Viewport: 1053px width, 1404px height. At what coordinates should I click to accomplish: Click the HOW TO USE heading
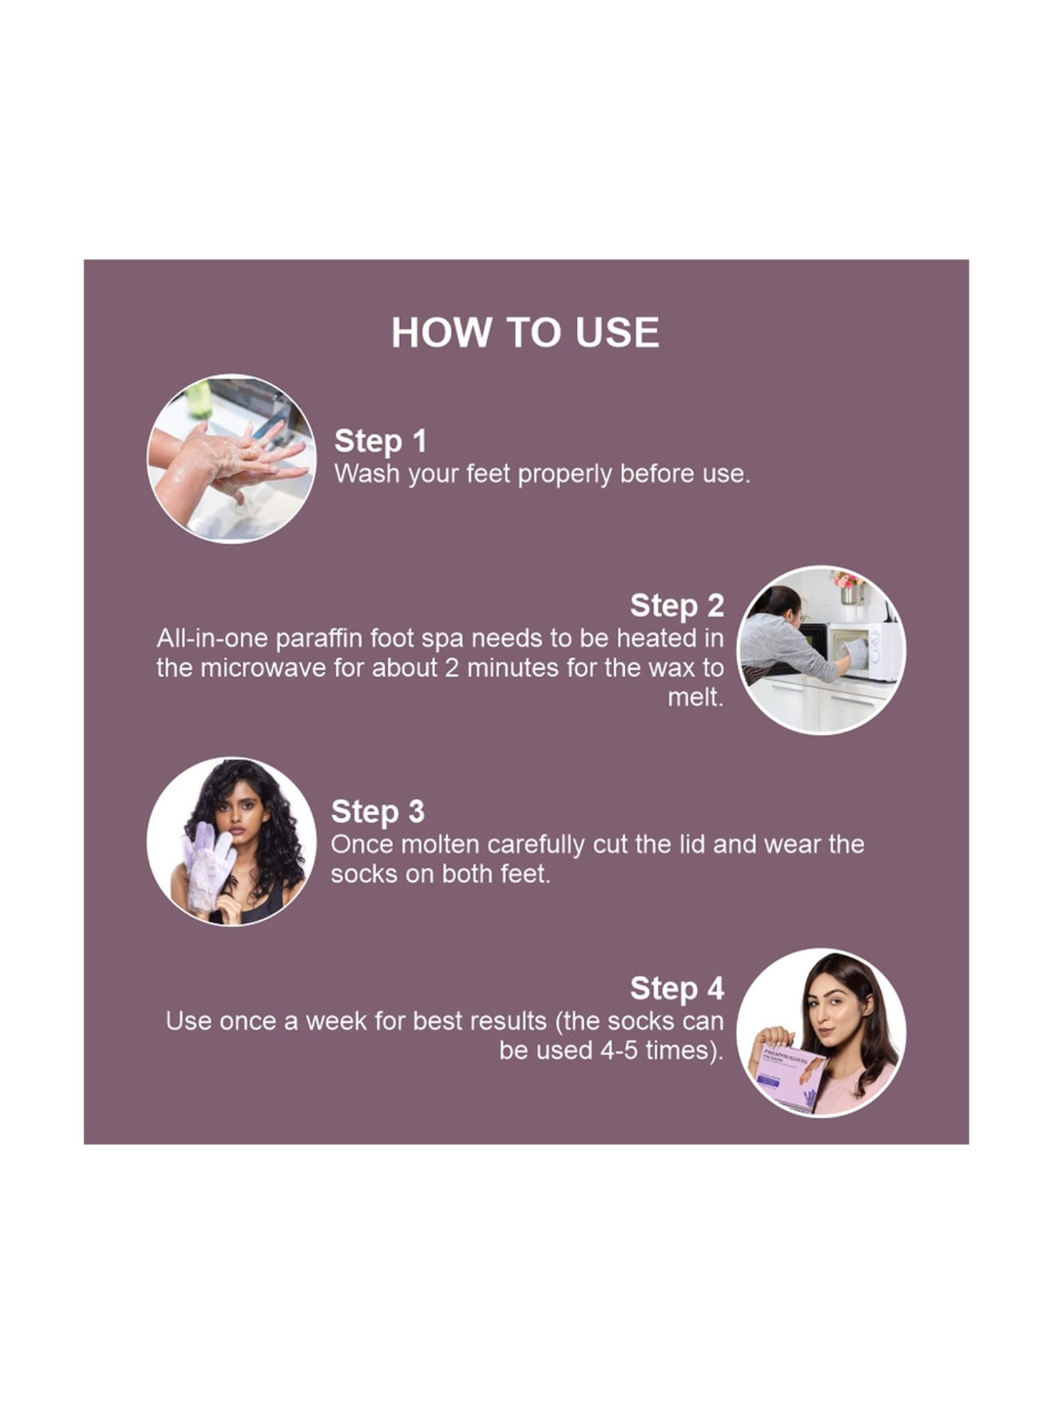[525, 332]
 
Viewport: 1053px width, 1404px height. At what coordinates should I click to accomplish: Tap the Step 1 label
[380, 441]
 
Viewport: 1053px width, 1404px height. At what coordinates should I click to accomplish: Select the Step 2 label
[677, 606]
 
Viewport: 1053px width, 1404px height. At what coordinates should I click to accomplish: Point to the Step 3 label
[378, 812]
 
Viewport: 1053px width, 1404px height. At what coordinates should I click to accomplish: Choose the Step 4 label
[677, 988]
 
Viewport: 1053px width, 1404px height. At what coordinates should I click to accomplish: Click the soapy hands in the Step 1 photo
[232, 460]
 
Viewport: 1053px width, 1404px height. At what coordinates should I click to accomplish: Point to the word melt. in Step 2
[695, 697]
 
